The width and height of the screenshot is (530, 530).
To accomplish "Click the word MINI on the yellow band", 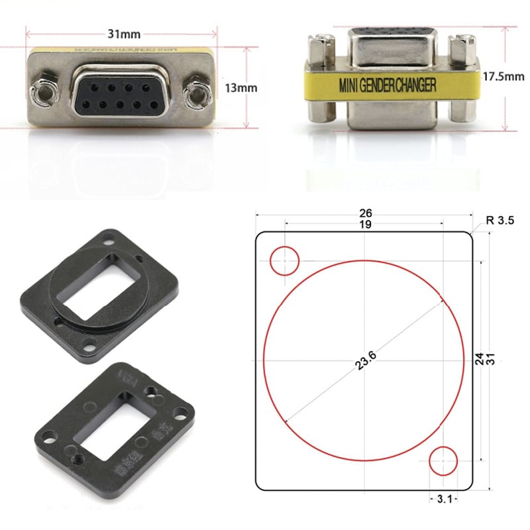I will pyautogui.click(x=348, y=85).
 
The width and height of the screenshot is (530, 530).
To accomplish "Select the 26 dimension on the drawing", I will pyautogui.click(x=365, y=213).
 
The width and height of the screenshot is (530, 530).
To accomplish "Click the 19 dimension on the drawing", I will pyautogui.click(x=365, y=225).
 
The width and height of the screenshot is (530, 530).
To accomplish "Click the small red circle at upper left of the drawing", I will pyautogui.click(x=285, y=260).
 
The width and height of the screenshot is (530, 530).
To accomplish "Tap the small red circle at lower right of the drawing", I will pyautogui.click(x=443, y=460).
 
